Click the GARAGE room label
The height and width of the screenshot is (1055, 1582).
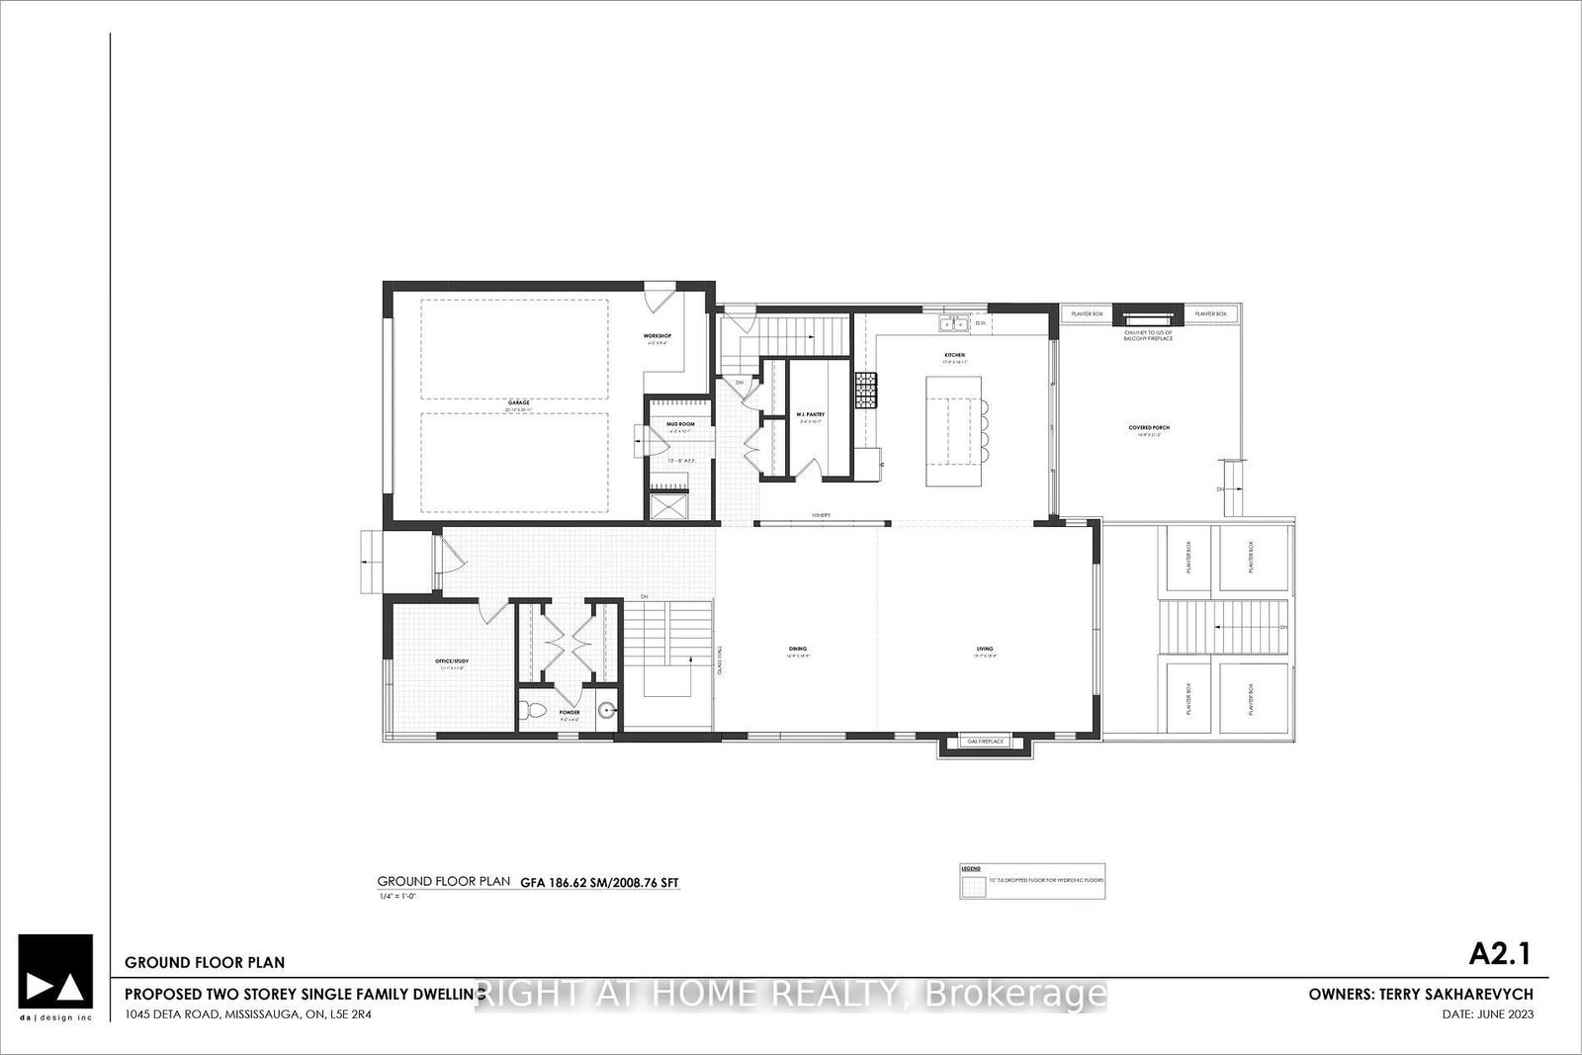tap(519, 402)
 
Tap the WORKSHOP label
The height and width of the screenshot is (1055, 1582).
tap(659, 336)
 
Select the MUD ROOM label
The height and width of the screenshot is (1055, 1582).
tap(680, 424)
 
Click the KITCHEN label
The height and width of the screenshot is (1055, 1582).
tap(954, 354)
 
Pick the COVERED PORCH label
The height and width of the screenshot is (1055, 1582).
tap(1149, 428)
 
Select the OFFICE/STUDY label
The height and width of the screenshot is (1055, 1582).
tap(450, 661)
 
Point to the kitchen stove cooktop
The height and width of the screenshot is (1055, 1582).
tap(866, 390)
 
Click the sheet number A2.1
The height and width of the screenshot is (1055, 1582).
tap(1500, 953)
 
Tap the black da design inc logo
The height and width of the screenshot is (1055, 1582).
tap(55, 972)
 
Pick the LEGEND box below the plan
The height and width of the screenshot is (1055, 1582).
tap(1032, 879)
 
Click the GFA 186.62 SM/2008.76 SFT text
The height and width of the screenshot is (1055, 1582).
tap(601, 881)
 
